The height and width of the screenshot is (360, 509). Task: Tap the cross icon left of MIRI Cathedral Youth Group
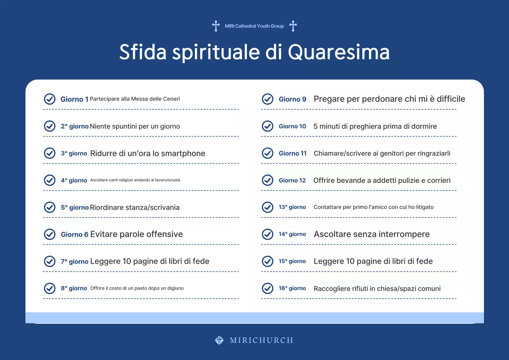[x=216, y=26]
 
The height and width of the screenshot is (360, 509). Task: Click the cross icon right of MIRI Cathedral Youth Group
[x=293, y=26]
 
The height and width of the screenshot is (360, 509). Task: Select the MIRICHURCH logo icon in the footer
[x=219, y=340]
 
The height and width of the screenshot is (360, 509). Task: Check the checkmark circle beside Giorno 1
[x=49, y=99]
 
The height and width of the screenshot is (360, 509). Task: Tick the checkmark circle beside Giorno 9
[x=268, y=99]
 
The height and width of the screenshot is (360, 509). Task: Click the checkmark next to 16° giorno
[x=268, y=288]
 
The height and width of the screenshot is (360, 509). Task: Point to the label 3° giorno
[x=74, y=154]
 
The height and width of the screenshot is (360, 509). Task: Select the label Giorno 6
[x=75, y=234]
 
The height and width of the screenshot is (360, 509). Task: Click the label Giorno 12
[x=292, y=180]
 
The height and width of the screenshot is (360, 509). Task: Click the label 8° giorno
[x=74, y=288]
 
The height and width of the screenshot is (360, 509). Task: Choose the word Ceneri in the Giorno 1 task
[x=171, y=99]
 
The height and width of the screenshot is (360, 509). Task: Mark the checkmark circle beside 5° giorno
[x=49, y=207]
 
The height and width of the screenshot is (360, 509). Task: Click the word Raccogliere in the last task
[x=331, y=289]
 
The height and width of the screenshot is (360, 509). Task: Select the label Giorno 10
[x=292, y=126]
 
